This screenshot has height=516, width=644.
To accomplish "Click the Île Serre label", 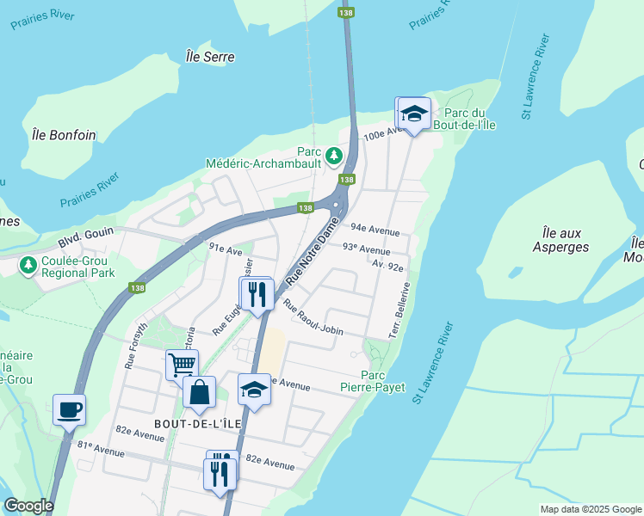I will [x=210, y=57].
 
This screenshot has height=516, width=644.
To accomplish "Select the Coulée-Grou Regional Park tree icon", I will [x=28, y=265].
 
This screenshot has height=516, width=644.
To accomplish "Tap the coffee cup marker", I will [x=69, y=409].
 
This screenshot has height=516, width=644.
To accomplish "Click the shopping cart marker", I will [x=182, y=364].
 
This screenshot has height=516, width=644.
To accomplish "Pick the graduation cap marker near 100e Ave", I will [x=413, y=114].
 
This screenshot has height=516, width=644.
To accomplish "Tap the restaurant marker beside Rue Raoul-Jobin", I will [x=257, y=294].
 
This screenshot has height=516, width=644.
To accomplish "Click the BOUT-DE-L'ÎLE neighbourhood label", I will [x=190, y=424].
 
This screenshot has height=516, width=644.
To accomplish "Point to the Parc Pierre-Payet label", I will [x=383, y=381].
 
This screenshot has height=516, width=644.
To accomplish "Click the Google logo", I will [x=28, y=506].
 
